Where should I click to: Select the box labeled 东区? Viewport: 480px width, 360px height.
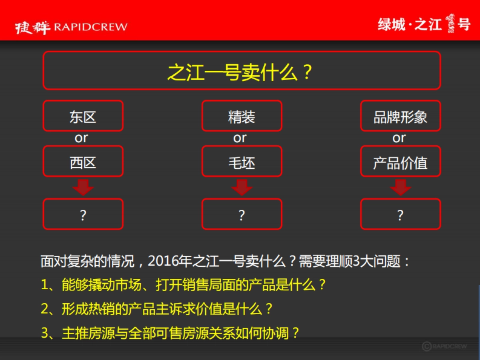(x=83, y=116)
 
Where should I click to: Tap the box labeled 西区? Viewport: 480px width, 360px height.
(x=83, y=162)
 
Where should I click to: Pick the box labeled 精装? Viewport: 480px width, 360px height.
(x=242, y=116)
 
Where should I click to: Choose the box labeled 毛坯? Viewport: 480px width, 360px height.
(x=242, y=162)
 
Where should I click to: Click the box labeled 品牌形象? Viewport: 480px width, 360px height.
(x=400, y=116)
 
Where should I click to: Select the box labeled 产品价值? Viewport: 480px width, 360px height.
(x=400, y=162)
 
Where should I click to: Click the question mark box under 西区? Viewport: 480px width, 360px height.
(x=83, y=214)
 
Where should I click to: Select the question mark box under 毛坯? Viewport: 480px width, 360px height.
(x=242, y=214)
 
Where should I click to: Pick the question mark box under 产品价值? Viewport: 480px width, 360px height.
(x=400, y=214)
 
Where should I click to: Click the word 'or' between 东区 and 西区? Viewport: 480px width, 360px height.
(x=81, y=138)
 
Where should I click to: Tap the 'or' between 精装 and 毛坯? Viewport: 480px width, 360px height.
(x=240, y=138)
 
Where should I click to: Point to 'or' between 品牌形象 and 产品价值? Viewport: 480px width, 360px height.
(x=399, y=138)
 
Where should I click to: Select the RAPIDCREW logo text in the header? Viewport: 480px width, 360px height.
(x=90, y=27)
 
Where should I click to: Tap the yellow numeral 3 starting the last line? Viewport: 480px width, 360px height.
(x=45, y=333)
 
